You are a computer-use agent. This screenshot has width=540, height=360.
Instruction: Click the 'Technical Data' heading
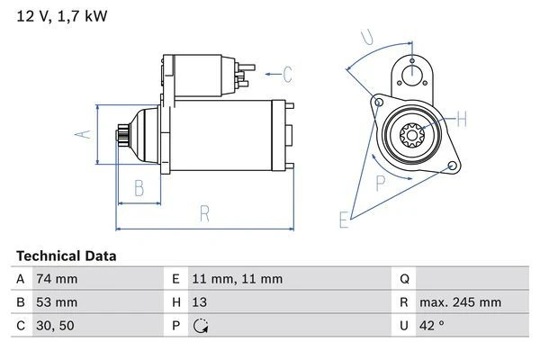[x=67, y=256]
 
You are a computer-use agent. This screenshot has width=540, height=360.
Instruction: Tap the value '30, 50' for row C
[x=55, y=325]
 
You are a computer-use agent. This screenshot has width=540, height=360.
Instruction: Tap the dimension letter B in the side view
[x=139, y=189]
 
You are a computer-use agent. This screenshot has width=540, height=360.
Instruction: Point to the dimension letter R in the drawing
[x=204, y=213]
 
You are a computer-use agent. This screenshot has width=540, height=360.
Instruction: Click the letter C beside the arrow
[x=288, y=74]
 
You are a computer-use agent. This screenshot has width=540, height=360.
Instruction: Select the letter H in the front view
[x=461, y=119]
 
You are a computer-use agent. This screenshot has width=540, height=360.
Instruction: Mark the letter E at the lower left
[x=344, y=219]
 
